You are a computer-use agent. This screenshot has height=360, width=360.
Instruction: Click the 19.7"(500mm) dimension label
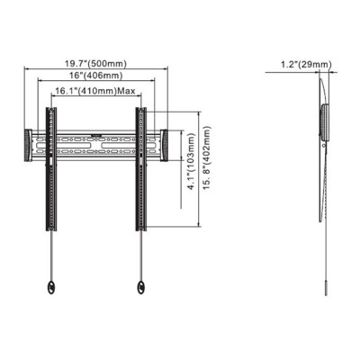(94, 63)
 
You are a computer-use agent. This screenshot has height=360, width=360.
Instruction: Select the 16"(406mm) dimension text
(94, 77)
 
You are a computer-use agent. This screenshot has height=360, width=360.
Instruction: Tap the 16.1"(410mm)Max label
(94, 92)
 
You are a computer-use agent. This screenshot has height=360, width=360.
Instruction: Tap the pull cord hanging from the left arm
(50, 256)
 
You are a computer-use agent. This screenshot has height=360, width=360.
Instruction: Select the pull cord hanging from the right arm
(141, 256)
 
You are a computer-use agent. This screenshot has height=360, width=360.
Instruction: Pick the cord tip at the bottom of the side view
(328, 300)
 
